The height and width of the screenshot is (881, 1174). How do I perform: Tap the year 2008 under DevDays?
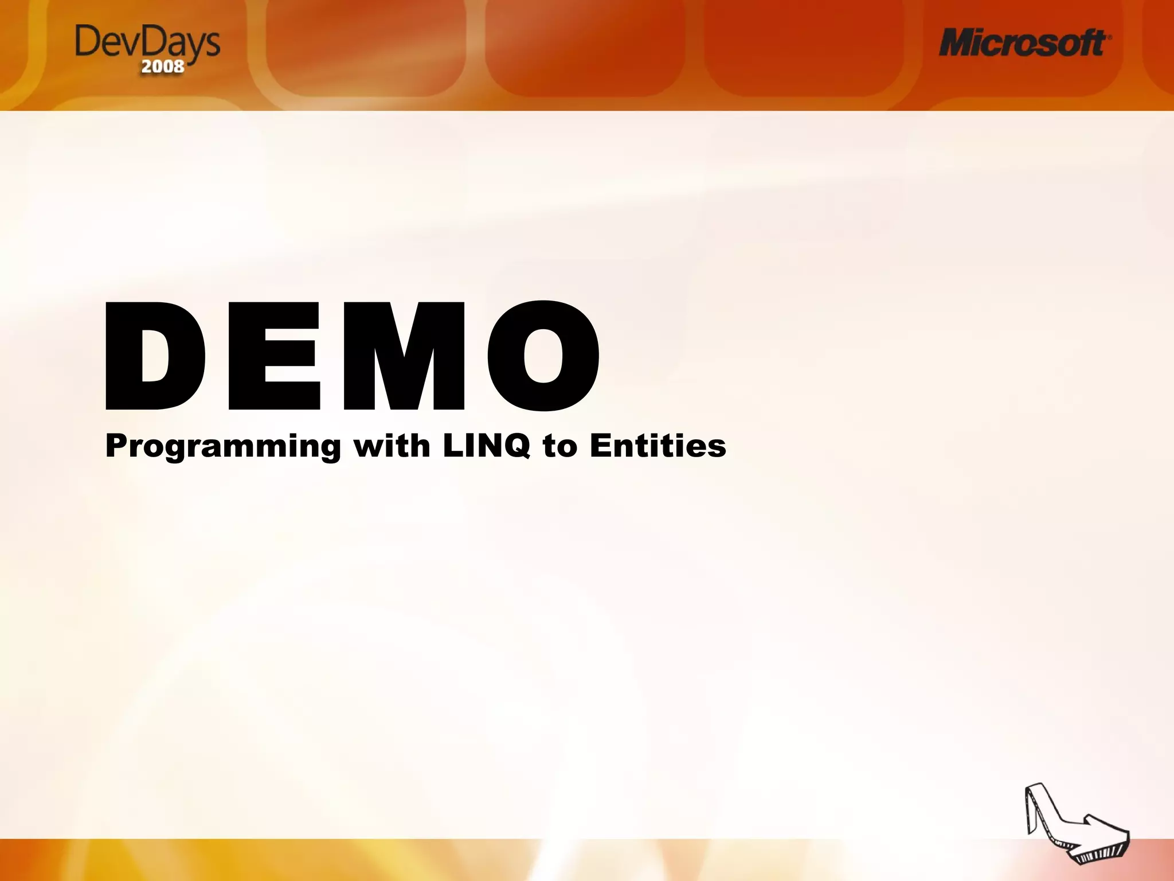coord(163,67)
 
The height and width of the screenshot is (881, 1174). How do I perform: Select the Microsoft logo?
coord(1024,43)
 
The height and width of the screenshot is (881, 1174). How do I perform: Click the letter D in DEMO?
coord(155,356)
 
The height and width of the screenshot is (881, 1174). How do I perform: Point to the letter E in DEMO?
coord(274,356)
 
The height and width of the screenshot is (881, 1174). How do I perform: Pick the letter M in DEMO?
coord(404,356)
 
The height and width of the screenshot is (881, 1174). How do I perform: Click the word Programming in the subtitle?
coord(223,446)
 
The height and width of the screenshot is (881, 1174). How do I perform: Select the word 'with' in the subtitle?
coord(392,446)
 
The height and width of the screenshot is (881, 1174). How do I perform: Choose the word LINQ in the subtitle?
coord(486,446)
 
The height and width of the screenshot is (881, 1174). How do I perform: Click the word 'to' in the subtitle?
coord(560,447)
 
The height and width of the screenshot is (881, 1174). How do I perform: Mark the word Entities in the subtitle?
coord(658,446)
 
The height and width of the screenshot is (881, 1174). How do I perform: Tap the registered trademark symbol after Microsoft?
coord(1109,36)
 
